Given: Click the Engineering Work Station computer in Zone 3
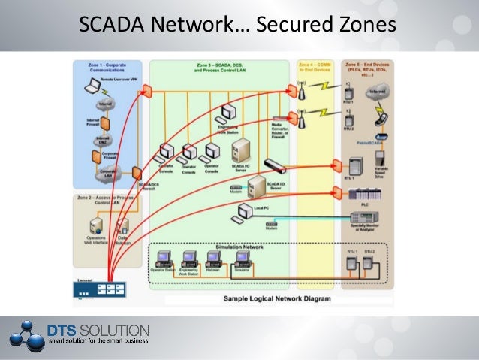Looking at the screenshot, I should pyautogui.click(x=227, y=115).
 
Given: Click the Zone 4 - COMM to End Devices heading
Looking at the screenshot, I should pyautogui.click(x=315, y=68).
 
